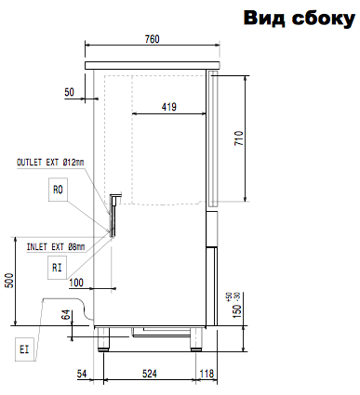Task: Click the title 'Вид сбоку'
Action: click(300, 18)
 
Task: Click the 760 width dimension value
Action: click(153, 39)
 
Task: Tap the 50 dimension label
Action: click(70, 92)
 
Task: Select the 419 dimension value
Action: click(169, 107)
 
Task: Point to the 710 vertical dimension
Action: click(239, 138)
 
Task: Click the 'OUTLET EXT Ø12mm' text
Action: click(50, 162)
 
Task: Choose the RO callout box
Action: click(58, 190)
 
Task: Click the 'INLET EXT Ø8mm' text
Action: click(56, 247)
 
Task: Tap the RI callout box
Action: click(57, 268)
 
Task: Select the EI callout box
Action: click(24, 349)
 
